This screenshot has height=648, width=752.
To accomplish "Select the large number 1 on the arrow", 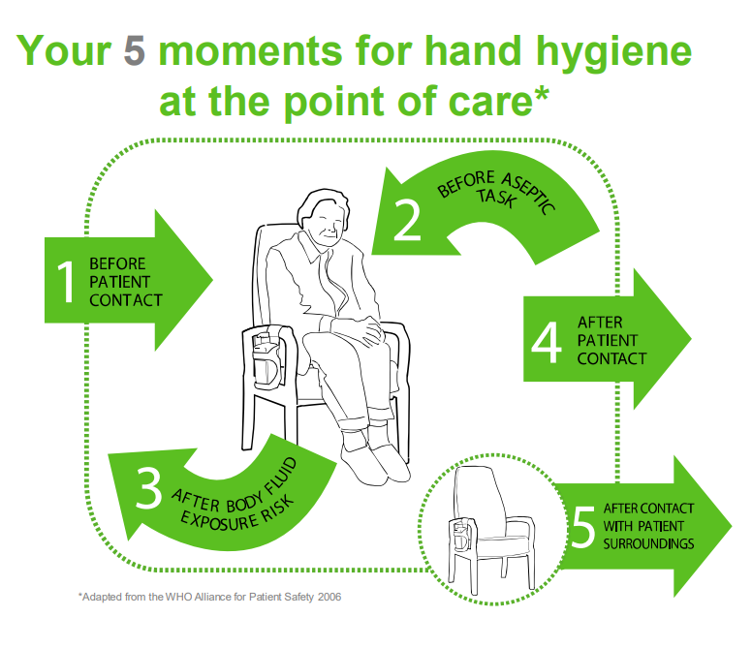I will click(x=66, y=281).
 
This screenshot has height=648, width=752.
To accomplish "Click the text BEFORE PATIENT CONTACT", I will click(x=125, y=282).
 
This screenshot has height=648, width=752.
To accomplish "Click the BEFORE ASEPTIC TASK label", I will click(x=496, y=194).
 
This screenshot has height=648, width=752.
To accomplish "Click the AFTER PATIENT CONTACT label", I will click(x=611, y=339).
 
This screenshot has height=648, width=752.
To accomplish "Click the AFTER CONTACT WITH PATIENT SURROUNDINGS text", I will click(x=648, y=526).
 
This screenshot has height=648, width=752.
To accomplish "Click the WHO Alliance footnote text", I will click(x=209, y=597).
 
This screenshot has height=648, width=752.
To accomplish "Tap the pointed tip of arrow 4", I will click(x=689, y=339).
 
